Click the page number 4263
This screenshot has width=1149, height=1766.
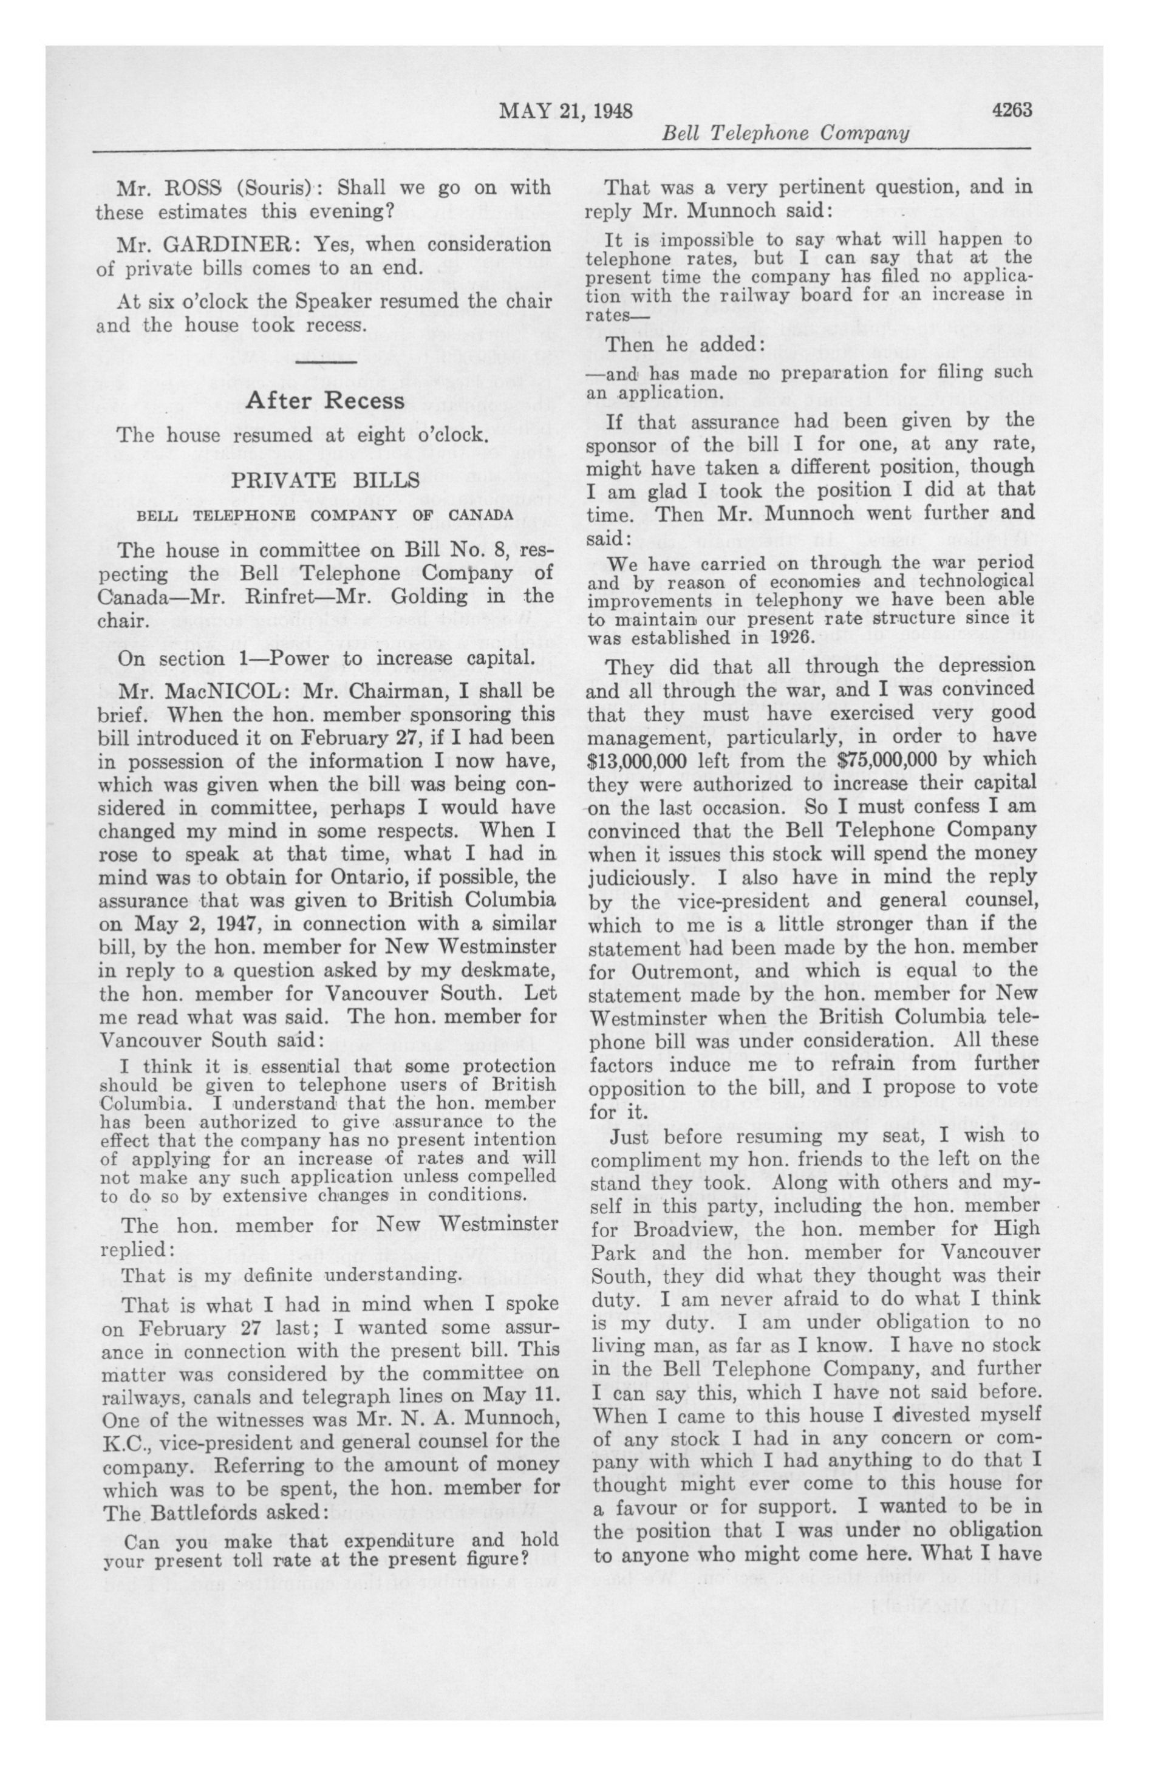(1012, 110)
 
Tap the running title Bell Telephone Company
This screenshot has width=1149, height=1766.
(785, 134)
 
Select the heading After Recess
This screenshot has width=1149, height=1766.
(325, 401)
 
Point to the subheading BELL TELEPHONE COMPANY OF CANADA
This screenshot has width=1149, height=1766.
(324, 514)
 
